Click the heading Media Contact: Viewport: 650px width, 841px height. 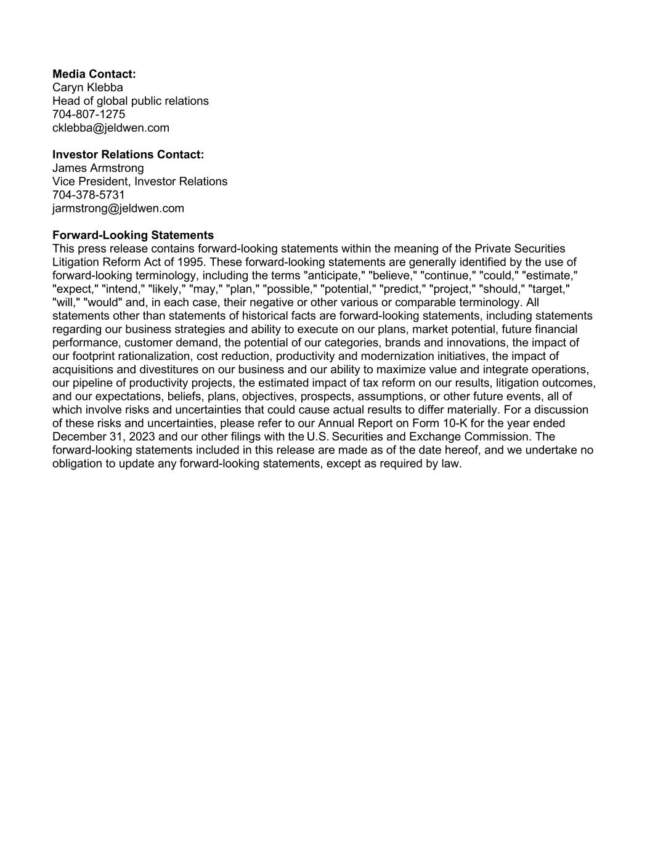(94, 74)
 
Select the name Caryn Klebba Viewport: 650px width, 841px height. (87, 87)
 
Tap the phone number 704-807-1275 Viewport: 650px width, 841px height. (89, 115)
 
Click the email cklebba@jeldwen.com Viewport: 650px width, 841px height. (111, 128)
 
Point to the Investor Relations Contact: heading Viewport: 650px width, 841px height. (128, 155)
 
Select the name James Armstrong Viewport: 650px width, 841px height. (98, 168)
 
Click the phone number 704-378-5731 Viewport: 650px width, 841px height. (89, 195)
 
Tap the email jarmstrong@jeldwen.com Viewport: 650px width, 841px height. (118, 208)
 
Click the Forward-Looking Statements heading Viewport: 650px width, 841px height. (133, 235)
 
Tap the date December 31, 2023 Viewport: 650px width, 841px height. (99, 437)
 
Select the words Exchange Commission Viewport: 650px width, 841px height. (469, 437)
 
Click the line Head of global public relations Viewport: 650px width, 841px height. (131, 101)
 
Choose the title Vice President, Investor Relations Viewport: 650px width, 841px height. (140, 182)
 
